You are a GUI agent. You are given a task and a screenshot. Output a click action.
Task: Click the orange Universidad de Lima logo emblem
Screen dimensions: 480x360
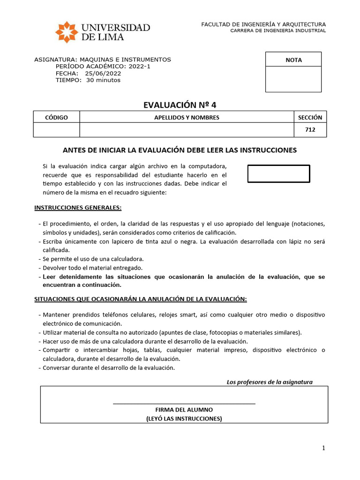point(67,32)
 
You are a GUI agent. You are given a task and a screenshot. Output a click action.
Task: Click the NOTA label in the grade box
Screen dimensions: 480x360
point(293,60)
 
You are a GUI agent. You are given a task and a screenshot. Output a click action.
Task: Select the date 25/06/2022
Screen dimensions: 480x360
point(103,73)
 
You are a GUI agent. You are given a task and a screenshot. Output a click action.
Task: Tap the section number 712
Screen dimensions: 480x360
point(310,130)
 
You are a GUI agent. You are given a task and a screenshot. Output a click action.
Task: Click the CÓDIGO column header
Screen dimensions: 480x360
point(56,117)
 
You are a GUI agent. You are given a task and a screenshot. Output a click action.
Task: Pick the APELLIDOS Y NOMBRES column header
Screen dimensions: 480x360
point(187,117)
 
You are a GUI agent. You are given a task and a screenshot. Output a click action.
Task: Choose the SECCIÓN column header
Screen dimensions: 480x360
point(310,117)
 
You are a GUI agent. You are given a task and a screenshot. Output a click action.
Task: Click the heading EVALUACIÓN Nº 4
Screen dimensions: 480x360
point(180,105)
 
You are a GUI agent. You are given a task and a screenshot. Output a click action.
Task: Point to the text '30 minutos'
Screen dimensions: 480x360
point(103,80)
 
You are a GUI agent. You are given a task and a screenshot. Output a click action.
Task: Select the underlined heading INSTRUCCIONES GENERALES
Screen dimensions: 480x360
point(78,208)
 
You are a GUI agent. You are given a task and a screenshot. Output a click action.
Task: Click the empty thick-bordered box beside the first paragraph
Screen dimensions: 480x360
point(278,173)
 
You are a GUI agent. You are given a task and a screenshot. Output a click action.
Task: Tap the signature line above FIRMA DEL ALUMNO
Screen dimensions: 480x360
point(184,403)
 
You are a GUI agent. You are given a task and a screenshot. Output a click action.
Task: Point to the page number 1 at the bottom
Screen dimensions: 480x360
point(323,448)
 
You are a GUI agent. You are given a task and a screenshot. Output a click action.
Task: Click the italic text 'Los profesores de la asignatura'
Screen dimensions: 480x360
point(270,382)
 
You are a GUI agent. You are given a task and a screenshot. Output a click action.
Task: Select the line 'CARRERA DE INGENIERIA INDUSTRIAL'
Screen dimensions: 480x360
point(277,30)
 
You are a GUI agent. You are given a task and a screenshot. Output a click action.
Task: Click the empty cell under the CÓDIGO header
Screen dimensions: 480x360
point(56,130)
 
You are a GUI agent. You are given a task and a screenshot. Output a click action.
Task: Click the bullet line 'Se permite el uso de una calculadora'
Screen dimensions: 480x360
point(93,259)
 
